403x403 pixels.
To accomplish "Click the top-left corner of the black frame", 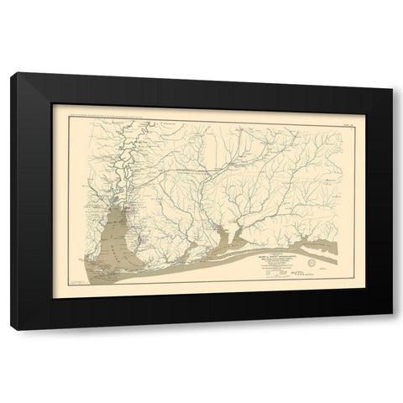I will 12,76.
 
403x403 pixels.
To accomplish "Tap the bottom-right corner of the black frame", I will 390,326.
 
